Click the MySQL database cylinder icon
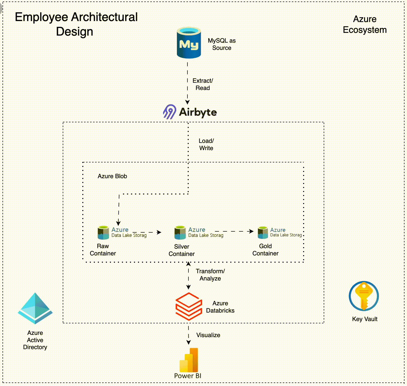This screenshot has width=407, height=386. (189, 43)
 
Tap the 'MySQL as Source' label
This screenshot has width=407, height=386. (222, 44)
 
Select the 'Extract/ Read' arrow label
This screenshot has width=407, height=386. (203, 84)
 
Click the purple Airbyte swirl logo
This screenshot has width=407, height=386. (170, 112)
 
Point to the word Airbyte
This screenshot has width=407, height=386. (198, 112)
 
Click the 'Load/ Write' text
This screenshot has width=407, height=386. (206, 144)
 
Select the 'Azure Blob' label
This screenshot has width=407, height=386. (112, 176)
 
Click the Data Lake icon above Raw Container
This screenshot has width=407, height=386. (103, 233)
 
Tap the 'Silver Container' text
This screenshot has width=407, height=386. (181, 250)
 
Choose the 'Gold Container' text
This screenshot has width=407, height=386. (265, 250)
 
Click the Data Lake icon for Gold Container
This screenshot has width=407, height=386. (263, 233)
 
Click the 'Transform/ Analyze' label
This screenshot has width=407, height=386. (210, 275)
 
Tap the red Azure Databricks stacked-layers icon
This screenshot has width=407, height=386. (189, 306)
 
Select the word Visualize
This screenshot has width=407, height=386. (208, 335)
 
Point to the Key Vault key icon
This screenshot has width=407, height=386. (364, 296)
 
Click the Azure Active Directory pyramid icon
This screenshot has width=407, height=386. (35, 308)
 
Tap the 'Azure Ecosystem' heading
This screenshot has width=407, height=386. (365, 25)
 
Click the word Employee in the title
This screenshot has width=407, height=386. (41, 17)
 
